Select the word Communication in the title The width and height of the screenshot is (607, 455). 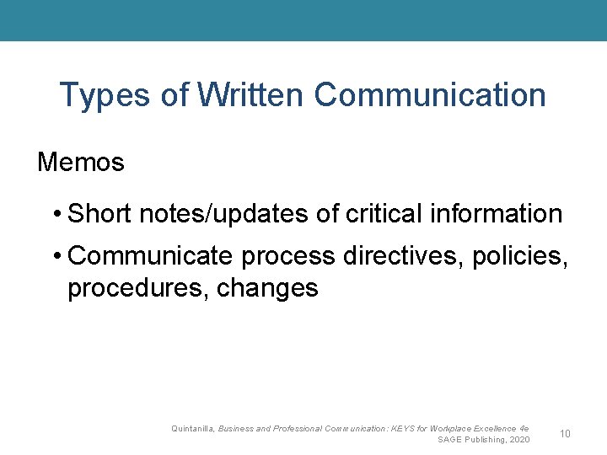[430, 95]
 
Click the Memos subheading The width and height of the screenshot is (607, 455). [81, 162]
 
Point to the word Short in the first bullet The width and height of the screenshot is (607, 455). [99, 214]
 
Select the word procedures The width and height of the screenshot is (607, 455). [138, 288]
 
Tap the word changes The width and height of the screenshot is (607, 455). [268, 288]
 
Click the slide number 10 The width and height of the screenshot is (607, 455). [565, 433]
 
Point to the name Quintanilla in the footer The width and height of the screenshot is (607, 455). [192, 429]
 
